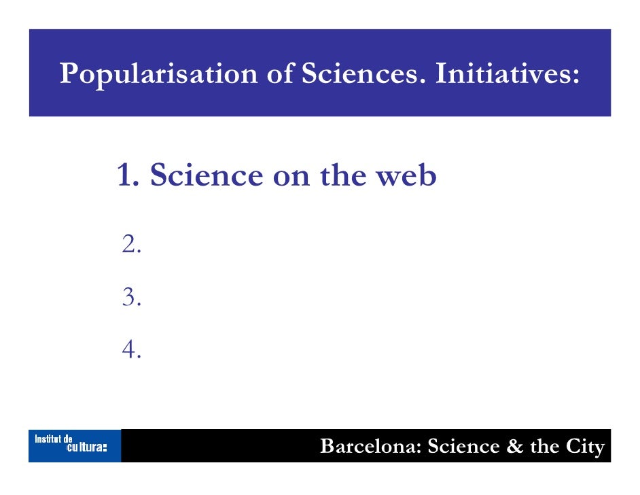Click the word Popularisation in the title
click(x=158, y=74)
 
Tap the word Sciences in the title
click(x=361, y=74)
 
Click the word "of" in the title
click(x=279, y=74)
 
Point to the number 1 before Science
click(x=126, y=175)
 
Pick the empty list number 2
click(x=131, y=243)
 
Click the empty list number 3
click(x=131, y=296)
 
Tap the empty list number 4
click(x=131, y=349)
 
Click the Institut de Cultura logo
click(x=74, y=445)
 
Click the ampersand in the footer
click(x=511, y=447)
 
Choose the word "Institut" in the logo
click(x=49, y=440)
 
